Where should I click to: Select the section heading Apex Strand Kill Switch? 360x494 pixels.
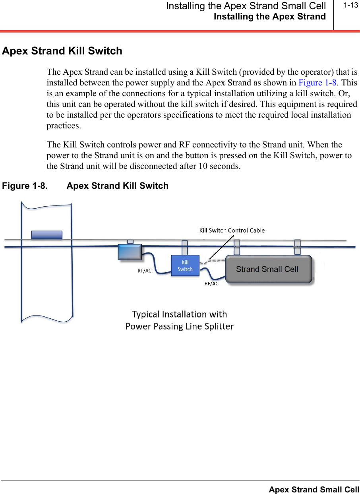point(62,51)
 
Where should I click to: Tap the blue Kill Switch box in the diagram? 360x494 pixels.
point(185,265)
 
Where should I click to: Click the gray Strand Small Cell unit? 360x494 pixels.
point(268,269)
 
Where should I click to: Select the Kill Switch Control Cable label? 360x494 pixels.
point(232,230)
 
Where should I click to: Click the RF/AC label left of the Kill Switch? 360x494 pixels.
point(145,271)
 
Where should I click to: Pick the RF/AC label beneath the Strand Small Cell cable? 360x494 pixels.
point(211,283)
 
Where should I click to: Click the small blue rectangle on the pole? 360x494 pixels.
point(46,235)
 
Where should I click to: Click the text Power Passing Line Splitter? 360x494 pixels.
point(180,327)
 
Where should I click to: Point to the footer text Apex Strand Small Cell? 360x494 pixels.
point(314,490)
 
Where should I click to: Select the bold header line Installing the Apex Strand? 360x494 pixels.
point(270,17)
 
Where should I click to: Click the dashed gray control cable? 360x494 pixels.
point(215,261)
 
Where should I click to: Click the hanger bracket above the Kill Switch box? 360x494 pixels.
point(184,248)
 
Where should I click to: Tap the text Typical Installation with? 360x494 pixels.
point(179,314)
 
